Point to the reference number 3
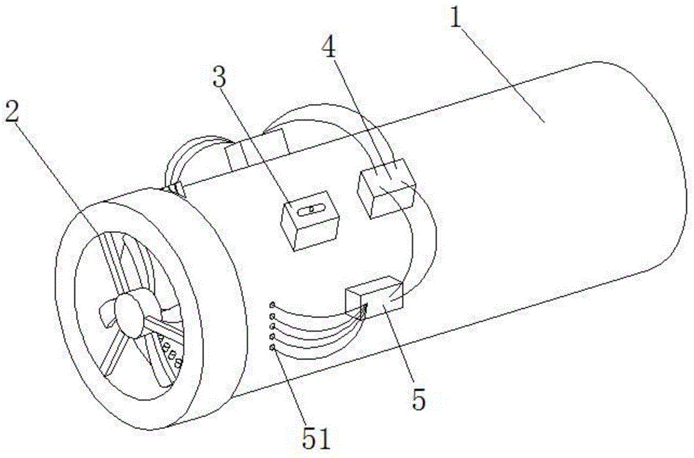pyautogui.click(x=219, y=77)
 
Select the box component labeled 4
pyautogui.click(x=386, y=187)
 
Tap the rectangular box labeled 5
pyautogui.click(x=373, y=298)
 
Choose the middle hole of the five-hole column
pyautogui.click(x=272, y=326)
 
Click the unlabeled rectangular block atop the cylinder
pyautogui.click(x=257, y=149)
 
